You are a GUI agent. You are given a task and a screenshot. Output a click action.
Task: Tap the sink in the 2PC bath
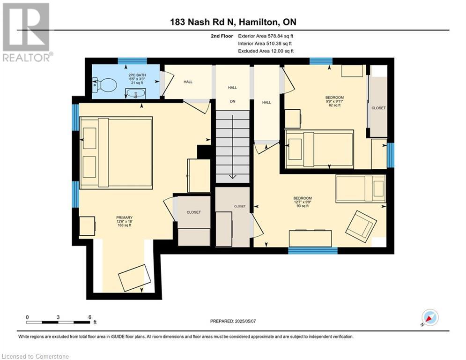tap(135, 93)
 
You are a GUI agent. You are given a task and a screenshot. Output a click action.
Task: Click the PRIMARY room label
tap(124, 217)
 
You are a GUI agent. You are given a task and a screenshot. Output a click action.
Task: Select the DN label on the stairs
tap(232, 101)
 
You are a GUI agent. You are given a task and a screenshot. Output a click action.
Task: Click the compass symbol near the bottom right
tap(430, 317)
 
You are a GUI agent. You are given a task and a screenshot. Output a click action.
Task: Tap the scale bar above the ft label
tap(58, 322)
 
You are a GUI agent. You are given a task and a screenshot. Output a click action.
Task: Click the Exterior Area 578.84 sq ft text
tap(266, 36)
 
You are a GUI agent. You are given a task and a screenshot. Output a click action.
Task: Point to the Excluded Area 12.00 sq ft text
tap(266, 51)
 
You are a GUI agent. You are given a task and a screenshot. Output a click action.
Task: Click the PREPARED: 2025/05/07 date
tap(233, 321)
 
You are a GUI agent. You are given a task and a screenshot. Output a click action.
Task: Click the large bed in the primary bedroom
tap(116, 153)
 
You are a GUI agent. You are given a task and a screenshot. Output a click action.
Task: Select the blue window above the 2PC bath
tap(132, 61)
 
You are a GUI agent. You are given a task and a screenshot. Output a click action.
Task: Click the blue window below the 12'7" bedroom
tap(313, 250)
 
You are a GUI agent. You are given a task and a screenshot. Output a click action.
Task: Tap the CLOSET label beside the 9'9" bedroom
tap(378, 108)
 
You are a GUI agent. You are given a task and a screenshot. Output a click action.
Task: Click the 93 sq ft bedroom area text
tap(303, 206)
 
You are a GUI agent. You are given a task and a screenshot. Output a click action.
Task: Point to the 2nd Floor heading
tap(222, 36)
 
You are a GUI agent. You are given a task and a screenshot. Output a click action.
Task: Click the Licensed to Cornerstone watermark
tap(35, 356)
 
